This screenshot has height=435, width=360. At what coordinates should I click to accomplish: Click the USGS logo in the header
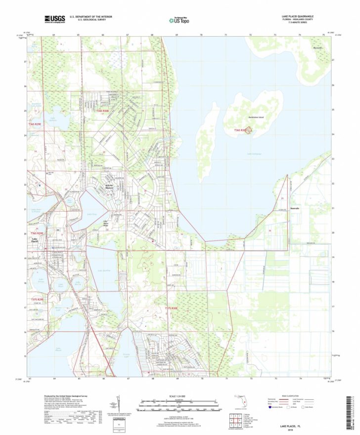tap(54, 19)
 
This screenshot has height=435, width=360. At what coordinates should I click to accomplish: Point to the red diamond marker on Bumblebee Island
tap(249, 130)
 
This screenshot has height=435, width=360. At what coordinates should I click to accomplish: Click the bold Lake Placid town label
tap(35, 241)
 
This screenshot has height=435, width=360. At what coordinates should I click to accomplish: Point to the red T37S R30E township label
tap(171, 308)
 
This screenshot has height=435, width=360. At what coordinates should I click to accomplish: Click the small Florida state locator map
tap(241, 397)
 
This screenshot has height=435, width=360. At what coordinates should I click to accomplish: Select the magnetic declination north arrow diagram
tap(119, 403)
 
